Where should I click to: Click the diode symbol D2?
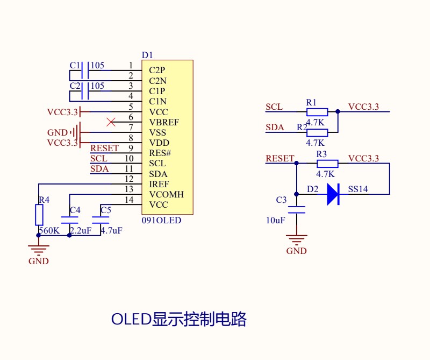333,194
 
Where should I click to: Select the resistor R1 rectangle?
317,112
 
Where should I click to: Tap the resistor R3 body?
327,164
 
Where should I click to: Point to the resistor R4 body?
39,215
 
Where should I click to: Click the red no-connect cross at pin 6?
111,122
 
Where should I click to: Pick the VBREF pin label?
164,122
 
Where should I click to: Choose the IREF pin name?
159,184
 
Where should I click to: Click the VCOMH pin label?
167,194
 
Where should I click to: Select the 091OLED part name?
162,220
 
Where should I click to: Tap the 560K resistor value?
49,230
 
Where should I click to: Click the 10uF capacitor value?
276,220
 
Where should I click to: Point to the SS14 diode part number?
358,189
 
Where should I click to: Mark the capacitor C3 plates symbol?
297,210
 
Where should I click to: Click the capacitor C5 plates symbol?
101,220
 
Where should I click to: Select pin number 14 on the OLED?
129,200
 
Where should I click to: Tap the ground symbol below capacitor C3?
297,239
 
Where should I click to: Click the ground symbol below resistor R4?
39,250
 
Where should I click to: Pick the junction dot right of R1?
338,111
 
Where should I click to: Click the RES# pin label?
160,153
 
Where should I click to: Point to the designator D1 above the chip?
147,55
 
